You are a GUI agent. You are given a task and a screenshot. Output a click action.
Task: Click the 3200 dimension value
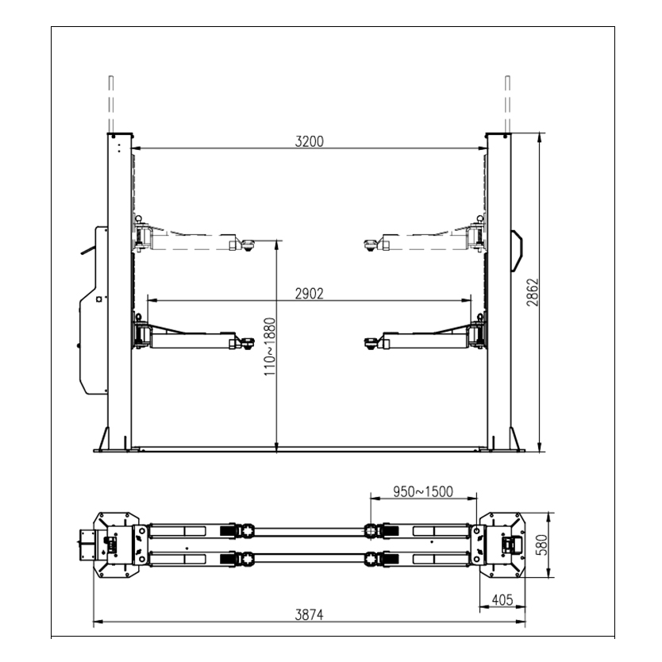[x=309, y=141]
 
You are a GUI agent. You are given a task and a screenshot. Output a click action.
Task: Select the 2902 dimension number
[x=309, y=294]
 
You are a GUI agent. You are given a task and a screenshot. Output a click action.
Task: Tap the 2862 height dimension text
[x=533, y=292]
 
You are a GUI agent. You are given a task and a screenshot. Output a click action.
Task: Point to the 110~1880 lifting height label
[x=269, y=347]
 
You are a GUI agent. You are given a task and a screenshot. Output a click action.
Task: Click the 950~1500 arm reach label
[x=423, y=492]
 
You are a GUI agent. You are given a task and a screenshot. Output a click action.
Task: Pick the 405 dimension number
[x=502, y=599]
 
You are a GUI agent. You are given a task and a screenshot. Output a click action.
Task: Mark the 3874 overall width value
[x=309, y=615]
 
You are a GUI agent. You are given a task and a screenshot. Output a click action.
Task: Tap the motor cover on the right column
[x=517, y=251]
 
